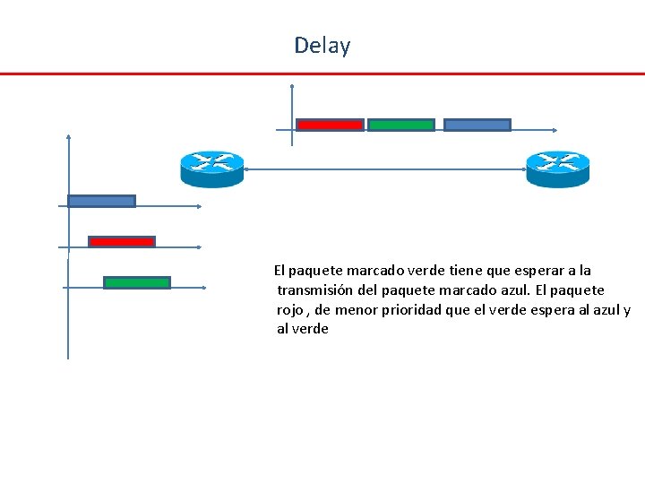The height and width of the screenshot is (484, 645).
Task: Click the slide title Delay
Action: coord(322,46)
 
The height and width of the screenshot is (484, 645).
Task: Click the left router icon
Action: coord(211,168)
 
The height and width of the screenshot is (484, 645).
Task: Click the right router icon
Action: coord(557,168)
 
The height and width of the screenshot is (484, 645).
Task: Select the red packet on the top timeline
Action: coord(330,125)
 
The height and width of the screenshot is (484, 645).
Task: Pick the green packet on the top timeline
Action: coord(400,125)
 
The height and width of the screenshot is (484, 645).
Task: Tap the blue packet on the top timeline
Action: coord(477,125)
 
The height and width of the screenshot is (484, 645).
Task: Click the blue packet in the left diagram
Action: coord(101,201)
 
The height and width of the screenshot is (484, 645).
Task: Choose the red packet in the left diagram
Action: coord(121,241)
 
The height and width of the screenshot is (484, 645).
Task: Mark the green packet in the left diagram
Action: coord(136,282)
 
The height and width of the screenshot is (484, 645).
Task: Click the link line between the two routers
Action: coord(385,169)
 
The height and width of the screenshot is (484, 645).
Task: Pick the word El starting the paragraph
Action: coord(279,270)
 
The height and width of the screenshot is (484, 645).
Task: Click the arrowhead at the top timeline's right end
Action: coord(557,130)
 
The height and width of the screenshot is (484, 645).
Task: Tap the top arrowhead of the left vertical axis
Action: coord(68,137)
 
